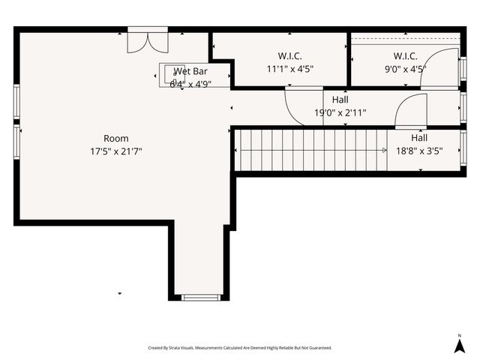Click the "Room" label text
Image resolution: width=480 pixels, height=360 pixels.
point(116,138)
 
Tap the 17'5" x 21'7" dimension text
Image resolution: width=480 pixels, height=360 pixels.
point(116,151)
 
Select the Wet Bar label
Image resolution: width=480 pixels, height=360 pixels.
point(190,71)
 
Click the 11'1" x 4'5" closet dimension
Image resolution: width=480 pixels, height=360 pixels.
point(289,68)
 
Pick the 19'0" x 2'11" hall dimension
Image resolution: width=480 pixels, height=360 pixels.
point(340,113)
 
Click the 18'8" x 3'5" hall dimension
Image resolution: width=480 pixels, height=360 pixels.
point(419,150)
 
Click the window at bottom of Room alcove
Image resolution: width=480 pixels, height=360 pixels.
point(201,298)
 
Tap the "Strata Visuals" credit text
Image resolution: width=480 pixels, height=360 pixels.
point(240,348)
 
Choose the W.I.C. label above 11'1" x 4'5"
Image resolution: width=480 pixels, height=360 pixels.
point(289,56)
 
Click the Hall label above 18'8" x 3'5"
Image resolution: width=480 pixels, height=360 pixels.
point(419,138)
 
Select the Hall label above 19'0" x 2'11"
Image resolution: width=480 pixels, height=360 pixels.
point(340,100)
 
